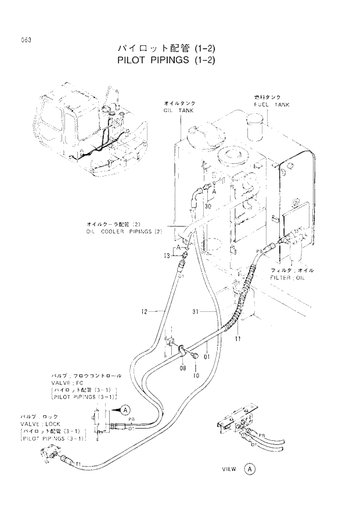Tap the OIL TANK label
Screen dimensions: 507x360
(178, 110)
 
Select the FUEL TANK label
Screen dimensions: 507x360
(272, 105)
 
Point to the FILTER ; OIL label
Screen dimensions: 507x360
(291, 278)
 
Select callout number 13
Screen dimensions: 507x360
(167, 256)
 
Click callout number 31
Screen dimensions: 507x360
(196, 312)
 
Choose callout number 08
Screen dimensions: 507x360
(182, 368)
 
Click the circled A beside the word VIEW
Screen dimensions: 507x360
(249, 469)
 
